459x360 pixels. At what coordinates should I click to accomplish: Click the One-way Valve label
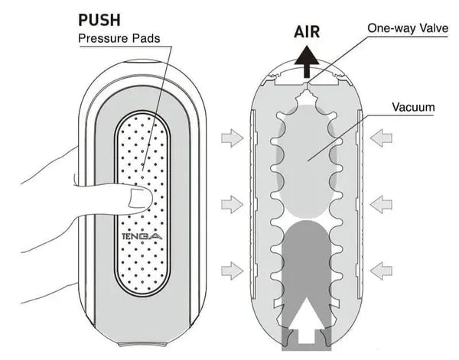[405, 27]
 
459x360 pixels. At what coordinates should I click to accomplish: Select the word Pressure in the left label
[103, 39]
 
